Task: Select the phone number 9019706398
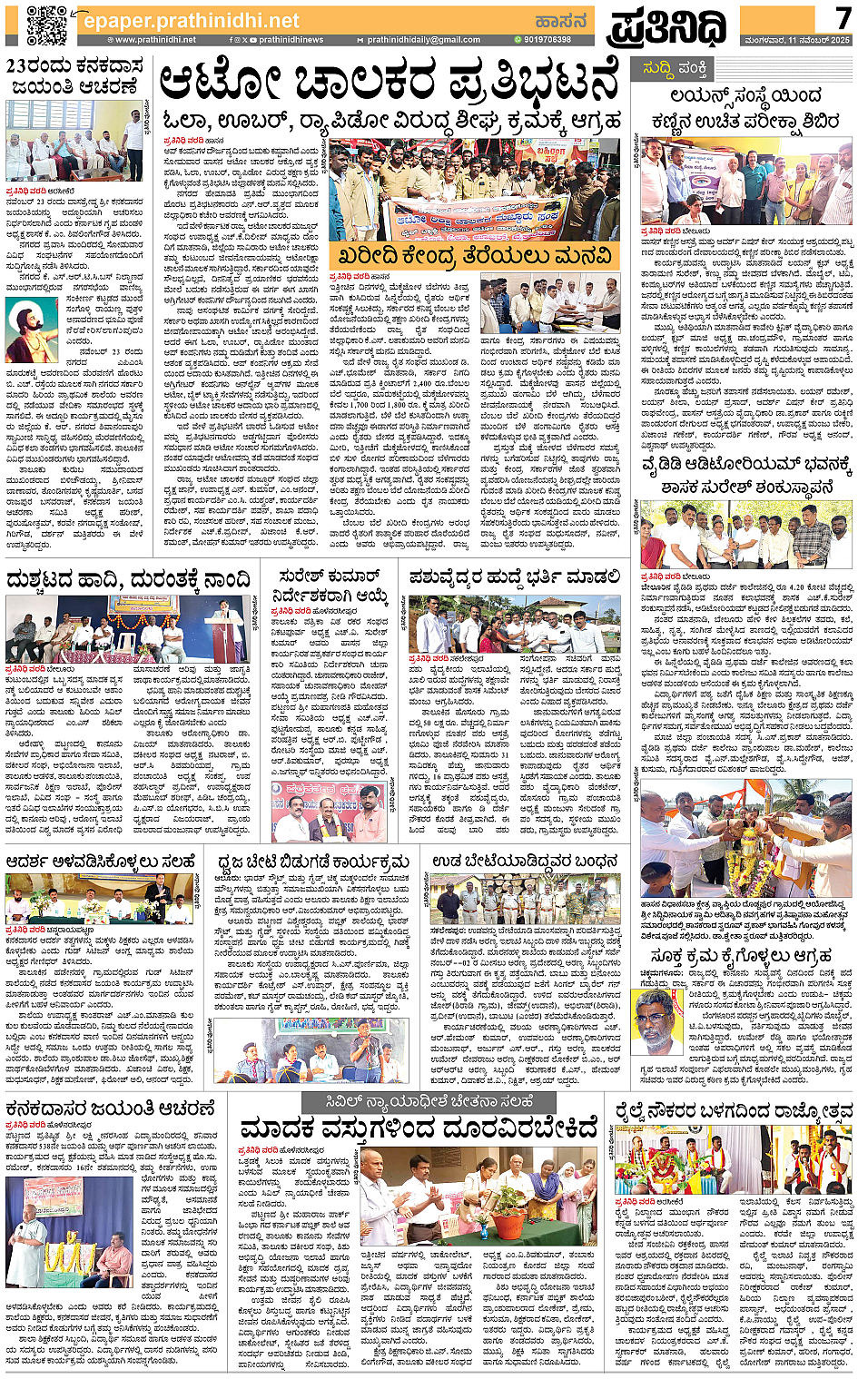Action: pyautogui.click(x=546, y=40)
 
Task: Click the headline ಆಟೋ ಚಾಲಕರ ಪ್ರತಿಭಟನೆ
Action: pyautogui.click(x=389, y=84)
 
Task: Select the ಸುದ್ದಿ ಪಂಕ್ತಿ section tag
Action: pyautogui.click(x=674, y=68)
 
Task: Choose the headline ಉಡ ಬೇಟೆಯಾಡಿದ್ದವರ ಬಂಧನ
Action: pyautogui.click(x=525, y=860)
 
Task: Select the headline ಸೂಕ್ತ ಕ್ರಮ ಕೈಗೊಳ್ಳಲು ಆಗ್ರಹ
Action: pyautogui.click(x=741, y=956)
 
